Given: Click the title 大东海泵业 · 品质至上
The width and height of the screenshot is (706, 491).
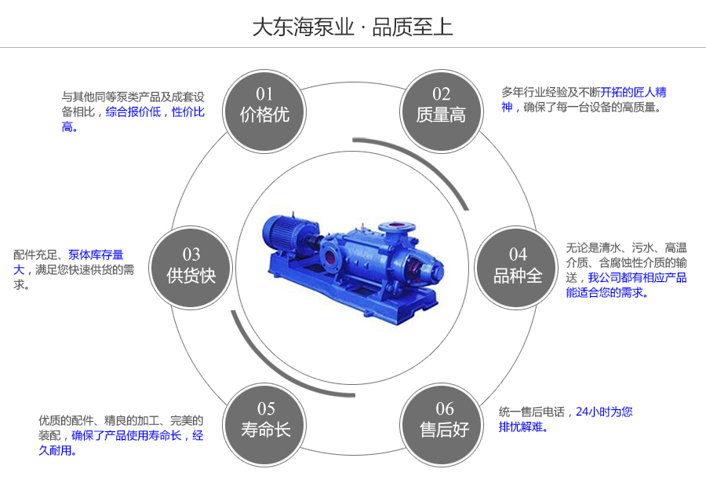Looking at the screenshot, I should coord(352,27).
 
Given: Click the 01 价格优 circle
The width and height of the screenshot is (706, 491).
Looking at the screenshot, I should coord(264,105).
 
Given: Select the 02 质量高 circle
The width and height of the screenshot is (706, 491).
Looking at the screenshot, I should coord(441,105).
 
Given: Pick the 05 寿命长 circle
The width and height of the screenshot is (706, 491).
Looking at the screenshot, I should coord(265,420).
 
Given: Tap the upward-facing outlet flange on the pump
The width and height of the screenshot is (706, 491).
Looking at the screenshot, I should coord(393,225).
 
